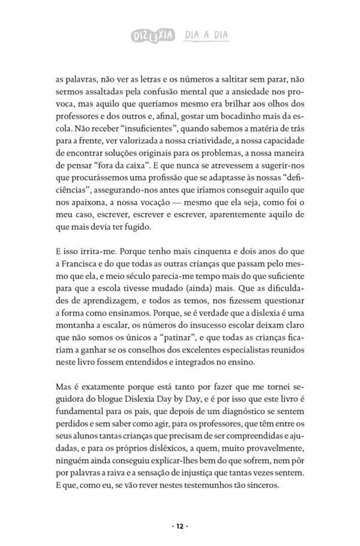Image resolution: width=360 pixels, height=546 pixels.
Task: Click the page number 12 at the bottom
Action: [x=179, y=526]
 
